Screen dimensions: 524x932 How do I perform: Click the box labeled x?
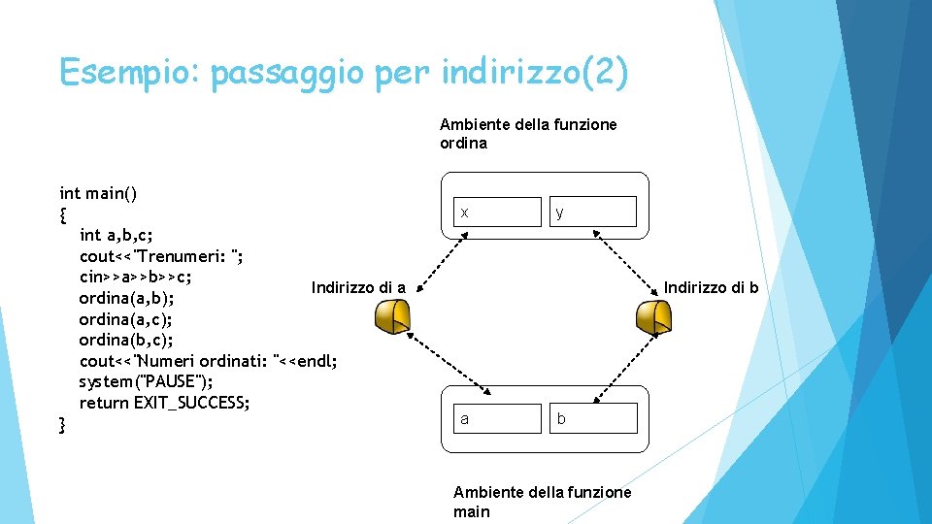click(x=497, y=212)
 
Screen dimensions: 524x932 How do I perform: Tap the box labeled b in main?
click(x=592, y=418)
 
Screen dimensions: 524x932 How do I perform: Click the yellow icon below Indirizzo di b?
click(x=651, y=315)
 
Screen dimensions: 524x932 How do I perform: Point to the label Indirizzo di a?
click(x=358, y=287)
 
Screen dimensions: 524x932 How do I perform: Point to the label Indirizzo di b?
click(x=711, y=287)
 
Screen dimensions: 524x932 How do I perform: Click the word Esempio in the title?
click(x=128, y=73)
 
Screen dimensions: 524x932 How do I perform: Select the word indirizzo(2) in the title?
click(x=534, y=73)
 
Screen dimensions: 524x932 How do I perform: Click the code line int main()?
click(x=98, y=193)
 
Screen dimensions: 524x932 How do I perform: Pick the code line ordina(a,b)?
click(x=126, y=297)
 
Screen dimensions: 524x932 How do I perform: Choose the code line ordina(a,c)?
click(x=126, y=318)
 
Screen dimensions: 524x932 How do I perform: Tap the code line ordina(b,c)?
click(x=126, y=340)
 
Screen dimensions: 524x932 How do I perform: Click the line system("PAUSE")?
click(x=147, y=381)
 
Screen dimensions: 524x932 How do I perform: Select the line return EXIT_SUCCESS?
click(x=164, y=403)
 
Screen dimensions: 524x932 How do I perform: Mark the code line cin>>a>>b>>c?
click(x=142, y=276)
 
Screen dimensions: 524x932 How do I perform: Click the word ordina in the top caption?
click(x=463, y=144)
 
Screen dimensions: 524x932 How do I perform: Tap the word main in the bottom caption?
click(x=472, y=511)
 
